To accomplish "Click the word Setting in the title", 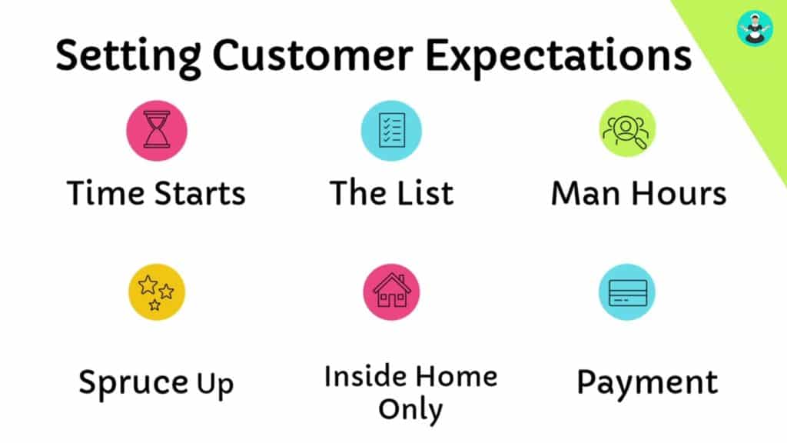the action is [x=128, y=56].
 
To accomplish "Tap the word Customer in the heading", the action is [x=313, y=55].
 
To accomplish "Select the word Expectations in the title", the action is [x=559, y=56].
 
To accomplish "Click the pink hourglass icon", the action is [x=157, y=131].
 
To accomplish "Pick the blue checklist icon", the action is [x=391, y=131].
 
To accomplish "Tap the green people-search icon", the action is [x=627, y=128].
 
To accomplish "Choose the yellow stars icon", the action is [x=157, y=291].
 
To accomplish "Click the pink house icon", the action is [x=391, y=291].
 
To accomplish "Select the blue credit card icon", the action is [x=627, y=291].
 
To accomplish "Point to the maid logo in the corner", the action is [x=755, y=28].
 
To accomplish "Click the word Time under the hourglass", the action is [x=106, y=193].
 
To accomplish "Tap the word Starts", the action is [x=200, y=193].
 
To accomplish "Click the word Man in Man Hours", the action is [x=587, y=193].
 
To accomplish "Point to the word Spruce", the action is [x=133, y=384].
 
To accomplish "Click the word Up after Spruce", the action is [x=215, y=385].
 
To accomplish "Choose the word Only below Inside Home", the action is [x=410, y=410].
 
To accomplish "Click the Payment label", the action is [x=647, y=384].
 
